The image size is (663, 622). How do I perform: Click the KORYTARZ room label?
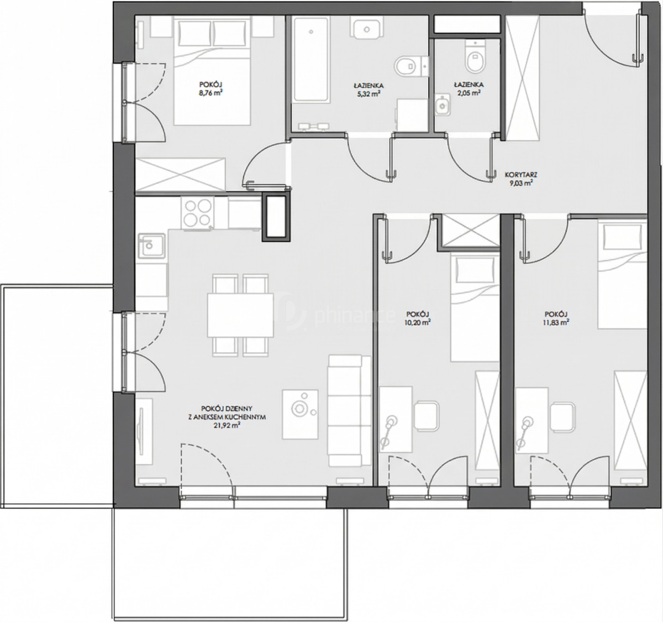click(x=521, y=175)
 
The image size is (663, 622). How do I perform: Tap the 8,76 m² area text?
click(x=211, y=93)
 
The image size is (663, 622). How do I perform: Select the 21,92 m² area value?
click(x=227, y=426)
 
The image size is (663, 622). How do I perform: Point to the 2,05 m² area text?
click(x=469, y=93)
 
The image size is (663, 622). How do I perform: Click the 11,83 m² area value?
click(x=556, y=322)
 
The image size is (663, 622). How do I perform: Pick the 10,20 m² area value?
click(x=417, y=322)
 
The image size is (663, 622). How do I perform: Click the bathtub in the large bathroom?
click(x=311, y=60)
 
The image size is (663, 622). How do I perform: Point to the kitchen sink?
click(x=152, y=245)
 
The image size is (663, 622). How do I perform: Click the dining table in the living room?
click(x=240, y=315)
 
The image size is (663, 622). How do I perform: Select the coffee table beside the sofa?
click(x=301, y=415)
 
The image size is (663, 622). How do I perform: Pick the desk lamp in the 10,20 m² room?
click(x=388, y=431)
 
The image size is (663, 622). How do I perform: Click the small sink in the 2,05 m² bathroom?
click(x=443, y=105)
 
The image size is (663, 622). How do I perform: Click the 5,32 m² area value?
click(x=369, y=93)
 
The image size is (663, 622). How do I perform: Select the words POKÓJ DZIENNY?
click(x=227, y=409)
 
